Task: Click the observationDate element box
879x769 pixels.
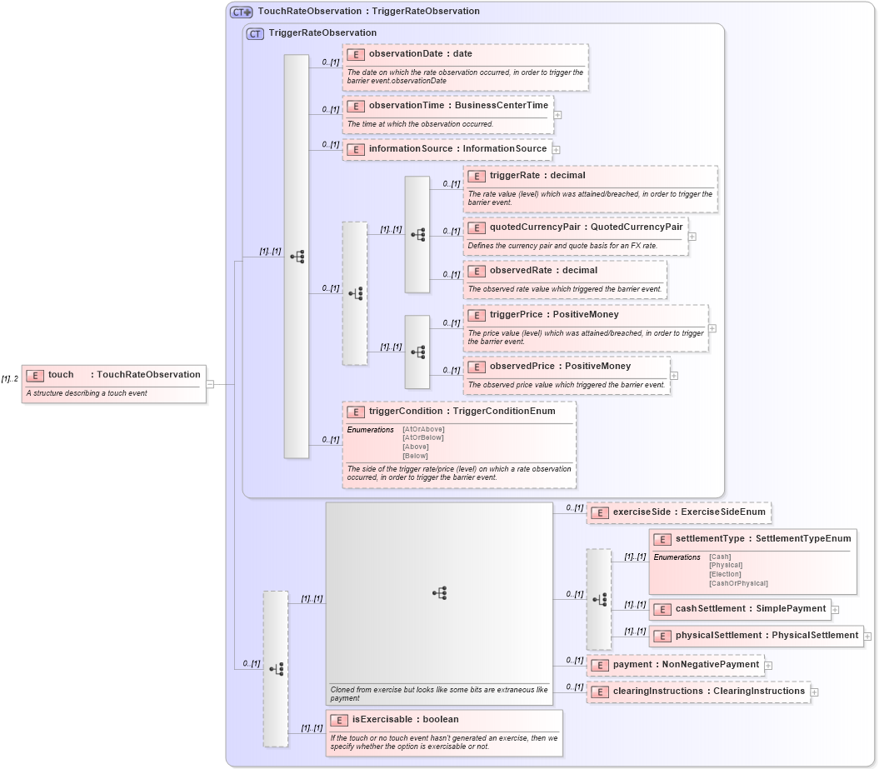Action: click(420, 54)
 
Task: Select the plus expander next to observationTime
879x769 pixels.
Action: click(557, 115)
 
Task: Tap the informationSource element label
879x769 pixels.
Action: click(457, 149)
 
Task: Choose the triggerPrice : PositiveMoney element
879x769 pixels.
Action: click(554, 315)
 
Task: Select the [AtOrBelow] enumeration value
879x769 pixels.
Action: click(422, 437)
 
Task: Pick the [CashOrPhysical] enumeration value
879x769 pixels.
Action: click(738, 583)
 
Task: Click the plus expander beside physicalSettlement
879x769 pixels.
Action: click(867, 636)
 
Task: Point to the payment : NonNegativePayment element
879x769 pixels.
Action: click(686, 665)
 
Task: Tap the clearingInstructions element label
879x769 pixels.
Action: click(708, 692)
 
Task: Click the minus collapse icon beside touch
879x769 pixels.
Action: click(211, 384)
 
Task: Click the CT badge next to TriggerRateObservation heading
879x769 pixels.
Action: click(256, 33)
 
